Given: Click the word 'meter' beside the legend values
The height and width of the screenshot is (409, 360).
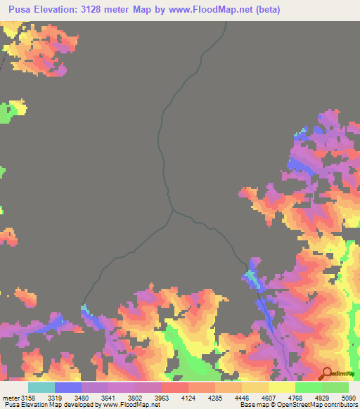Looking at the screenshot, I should click(x=11, y=397).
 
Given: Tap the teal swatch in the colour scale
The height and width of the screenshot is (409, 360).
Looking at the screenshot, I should click(x=41, y=387).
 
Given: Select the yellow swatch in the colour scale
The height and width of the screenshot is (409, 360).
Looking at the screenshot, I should click(x=281, y=387).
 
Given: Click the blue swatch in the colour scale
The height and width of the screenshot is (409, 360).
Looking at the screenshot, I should click(x=68, y=387).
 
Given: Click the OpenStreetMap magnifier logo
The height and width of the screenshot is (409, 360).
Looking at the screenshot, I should click(x=326, y=375).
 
